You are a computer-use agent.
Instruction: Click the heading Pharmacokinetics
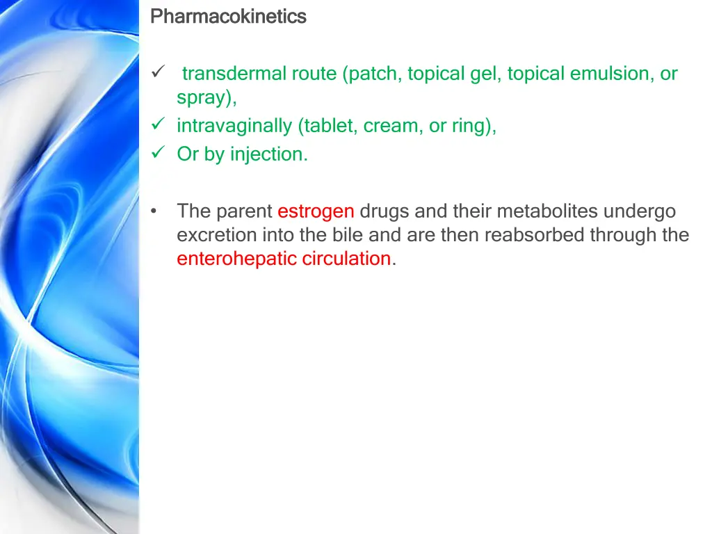point(228,16)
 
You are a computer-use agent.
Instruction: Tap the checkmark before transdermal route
point(157,72)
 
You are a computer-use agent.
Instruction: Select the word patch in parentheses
point(374,74)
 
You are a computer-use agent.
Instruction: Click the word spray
point(204,98)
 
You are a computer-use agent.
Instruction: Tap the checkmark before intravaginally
point(157,125)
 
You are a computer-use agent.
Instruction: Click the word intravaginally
point(234,126)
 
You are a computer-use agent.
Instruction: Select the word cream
point(389,126)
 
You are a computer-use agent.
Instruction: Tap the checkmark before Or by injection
point(157,153)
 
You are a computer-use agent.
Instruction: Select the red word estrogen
point(316,211)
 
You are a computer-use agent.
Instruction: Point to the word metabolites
point(547,211)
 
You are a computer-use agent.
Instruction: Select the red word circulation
point(346,259)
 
